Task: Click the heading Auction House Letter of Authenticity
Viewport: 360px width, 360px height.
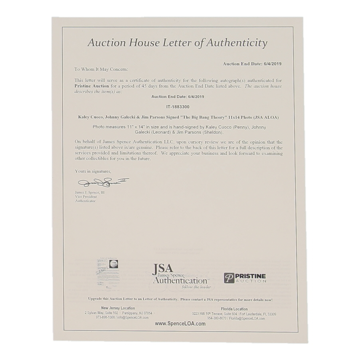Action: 177,43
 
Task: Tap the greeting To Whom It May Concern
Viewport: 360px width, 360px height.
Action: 101,69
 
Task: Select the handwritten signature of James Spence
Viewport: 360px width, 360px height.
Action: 103,182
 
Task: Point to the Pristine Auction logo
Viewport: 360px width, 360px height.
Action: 245,278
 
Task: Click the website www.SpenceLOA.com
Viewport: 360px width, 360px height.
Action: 180,324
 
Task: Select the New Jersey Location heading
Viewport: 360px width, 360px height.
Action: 118,308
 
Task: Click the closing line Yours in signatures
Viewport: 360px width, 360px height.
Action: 93,171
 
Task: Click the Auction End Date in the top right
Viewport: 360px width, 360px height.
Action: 252,63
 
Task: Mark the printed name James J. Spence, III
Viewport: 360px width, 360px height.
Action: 90,192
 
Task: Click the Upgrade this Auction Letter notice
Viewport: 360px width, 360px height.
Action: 180,299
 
